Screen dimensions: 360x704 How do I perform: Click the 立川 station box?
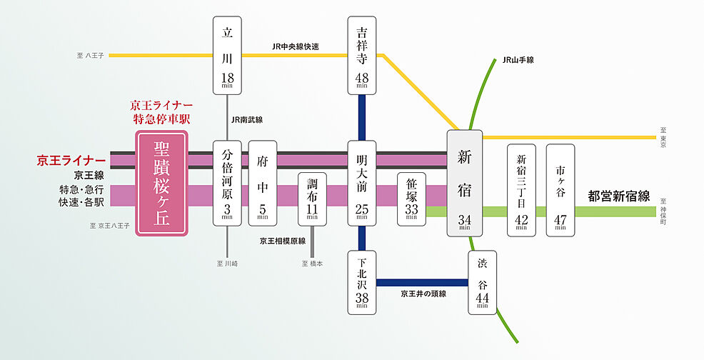(228, 56)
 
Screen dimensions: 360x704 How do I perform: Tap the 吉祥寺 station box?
(363, 56)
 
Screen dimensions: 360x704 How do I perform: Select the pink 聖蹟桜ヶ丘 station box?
(162, 183)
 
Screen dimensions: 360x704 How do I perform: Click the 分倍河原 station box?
(228, 183)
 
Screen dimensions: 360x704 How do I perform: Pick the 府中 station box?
(263, 183)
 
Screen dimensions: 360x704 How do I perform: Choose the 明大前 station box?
(363, 183)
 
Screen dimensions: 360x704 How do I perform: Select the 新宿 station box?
(465, 183)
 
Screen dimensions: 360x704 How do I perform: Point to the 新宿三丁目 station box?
(521, 190)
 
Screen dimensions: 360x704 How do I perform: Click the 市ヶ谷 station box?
(560, 190)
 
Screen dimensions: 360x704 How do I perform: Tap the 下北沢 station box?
(363, 282)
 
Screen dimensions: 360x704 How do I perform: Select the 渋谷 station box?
(482, 282)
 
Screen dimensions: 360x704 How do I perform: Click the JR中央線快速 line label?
(296, 46)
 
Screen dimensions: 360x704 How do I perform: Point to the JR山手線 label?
(518, 60)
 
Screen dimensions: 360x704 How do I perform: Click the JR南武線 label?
(248, 120)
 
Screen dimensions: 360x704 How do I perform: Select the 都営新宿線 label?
(619, 195)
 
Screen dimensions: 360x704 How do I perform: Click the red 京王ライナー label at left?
(71, 160)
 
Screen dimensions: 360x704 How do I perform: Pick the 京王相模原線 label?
(283, 241)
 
